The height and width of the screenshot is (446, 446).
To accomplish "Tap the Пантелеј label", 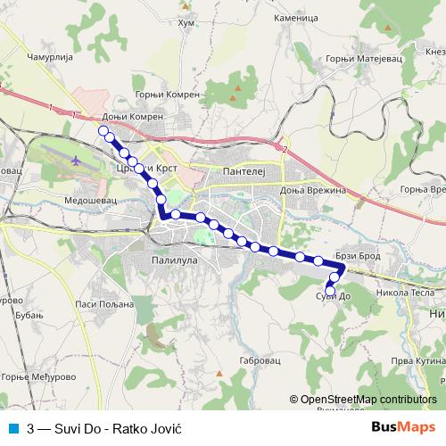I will pos(245,169).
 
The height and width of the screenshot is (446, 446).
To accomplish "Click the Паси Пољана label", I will pos(104,304).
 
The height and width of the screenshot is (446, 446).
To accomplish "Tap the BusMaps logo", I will pos(403,427).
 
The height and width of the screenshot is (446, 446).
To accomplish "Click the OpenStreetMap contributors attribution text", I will pos(368,401).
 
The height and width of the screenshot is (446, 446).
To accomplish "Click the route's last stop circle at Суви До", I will pos(331,292).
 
